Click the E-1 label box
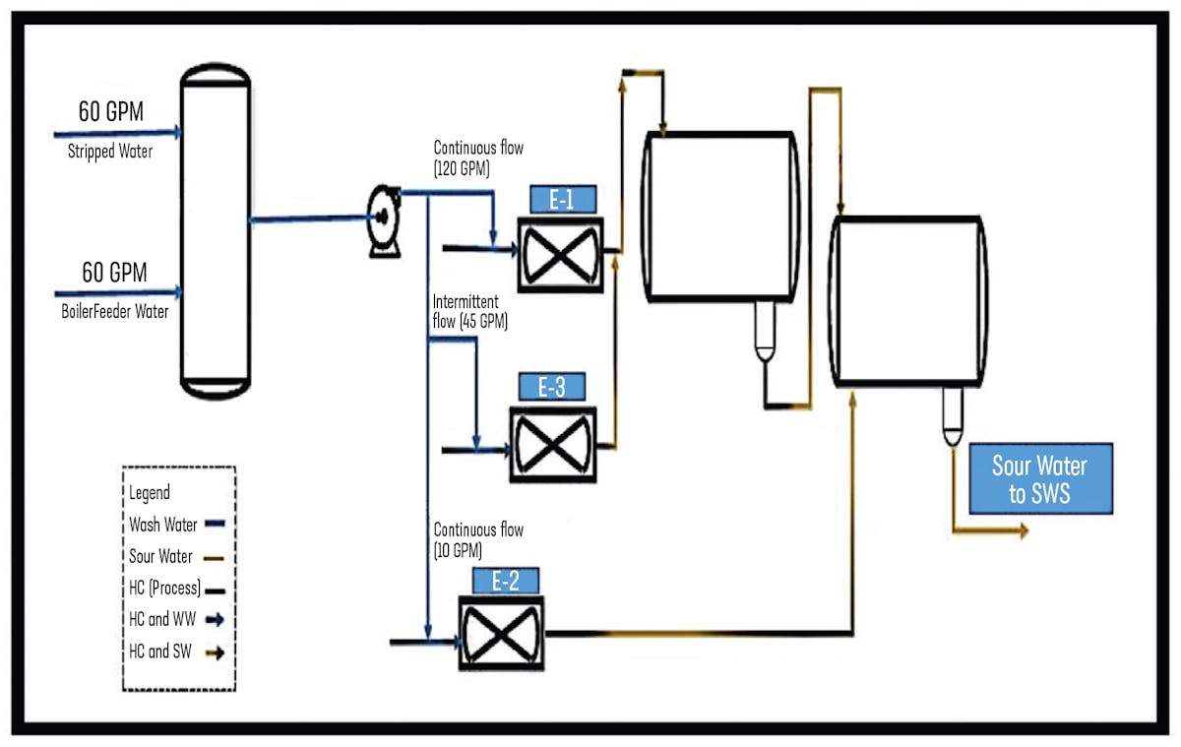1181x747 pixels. pos(562,200)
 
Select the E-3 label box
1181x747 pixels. pos(552,388)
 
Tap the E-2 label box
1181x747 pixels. pos(505,582)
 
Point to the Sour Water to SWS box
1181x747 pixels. pos(1040,478)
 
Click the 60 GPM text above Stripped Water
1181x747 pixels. pos(111,112)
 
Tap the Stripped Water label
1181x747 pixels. pos(110,152)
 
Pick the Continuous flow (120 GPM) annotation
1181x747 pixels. pos(478,157)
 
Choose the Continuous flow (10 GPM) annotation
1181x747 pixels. pos(478,539)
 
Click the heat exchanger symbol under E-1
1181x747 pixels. pos(561,252)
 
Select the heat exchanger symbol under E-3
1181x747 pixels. pos(552,444)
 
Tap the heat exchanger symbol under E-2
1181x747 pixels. pos(502,635)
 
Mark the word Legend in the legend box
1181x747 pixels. pos(150,492)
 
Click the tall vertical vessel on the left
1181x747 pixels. pos(216,231)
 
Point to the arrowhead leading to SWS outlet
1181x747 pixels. pos(1023,531)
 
